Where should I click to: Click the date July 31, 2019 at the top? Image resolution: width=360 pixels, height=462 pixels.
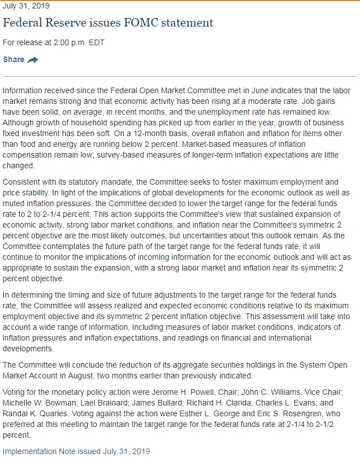26,6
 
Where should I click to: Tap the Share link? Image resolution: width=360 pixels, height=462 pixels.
14,59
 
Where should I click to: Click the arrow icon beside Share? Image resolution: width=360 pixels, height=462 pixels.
33,60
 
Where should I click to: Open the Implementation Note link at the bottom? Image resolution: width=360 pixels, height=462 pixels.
76,451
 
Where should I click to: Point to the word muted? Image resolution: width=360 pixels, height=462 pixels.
15,203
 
